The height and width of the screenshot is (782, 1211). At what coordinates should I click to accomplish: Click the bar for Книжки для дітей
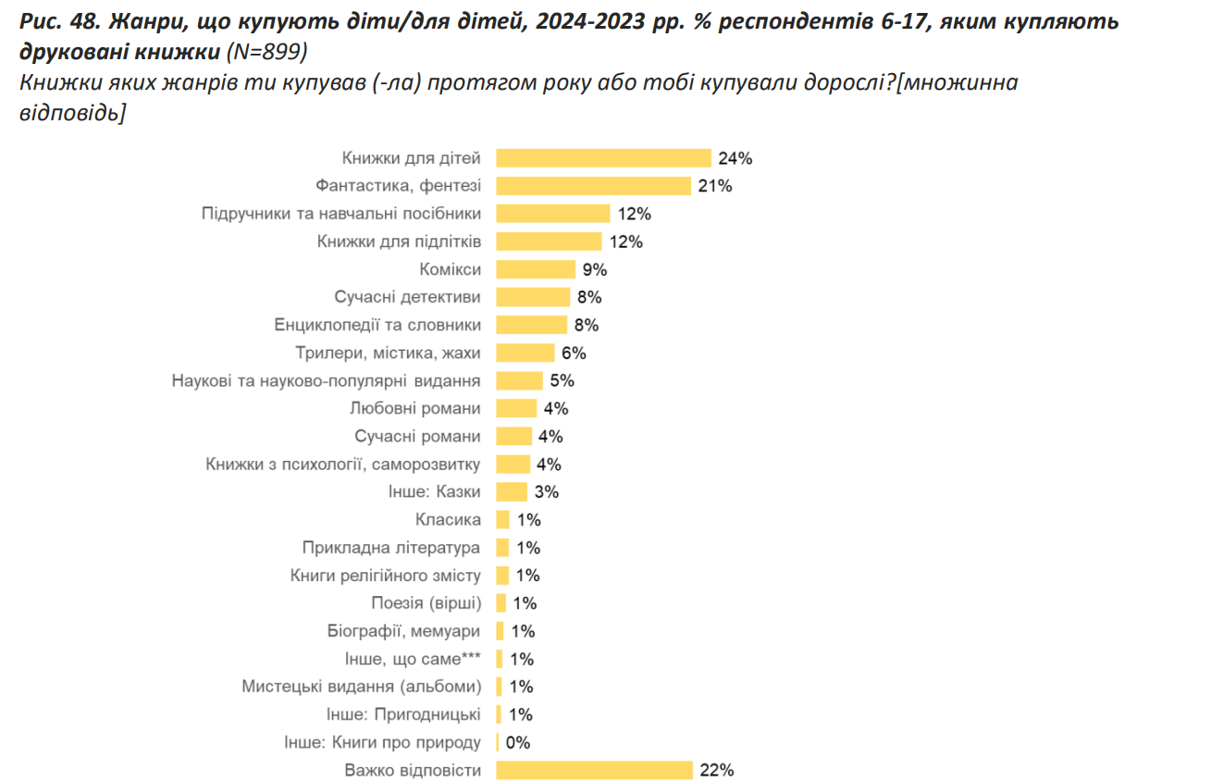click(603, 158)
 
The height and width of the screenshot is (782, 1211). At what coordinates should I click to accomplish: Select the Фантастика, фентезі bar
click(594, 186)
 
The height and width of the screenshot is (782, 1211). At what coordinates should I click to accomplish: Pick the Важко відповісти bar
click(594, 770)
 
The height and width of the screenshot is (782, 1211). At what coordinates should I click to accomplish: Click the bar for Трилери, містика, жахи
click(525, 353)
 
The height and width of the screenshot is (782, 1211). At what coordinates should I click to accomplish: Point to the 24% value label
click(735, 158)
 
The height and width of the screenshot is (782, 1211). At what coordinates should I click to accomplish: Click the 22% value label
click(717, 770)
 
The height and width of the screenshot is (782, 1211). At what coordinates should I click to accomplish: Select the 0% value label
click(517, 742)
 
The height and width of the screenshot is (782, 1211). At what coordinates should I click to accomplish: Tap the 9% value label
click(594, 269)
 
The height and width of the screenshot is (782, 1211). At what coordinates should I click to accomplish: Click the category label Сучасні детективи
click(407, 297)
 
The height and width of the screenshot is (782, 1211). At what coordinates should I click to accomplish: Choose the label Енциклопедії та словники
click(377, 325)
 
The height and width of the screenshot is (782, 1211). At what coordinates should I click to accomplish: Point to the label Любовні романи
click(415, 408)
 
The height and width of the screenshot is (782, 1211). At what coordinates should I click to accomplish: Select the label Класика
click(450, 519)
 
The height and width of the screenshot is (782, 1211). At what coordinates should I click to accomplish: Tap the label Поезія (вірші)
click(426, 603)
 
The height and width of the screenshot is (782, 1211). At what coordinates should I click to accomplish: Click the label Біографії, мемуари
click(404, 631)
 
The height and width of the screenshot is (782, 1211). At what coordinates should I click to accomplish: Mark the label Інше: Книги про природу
click(382, 742)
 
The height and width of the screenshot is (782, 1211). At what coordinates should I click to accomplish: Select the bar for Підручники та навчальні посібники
click(553, 214)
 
